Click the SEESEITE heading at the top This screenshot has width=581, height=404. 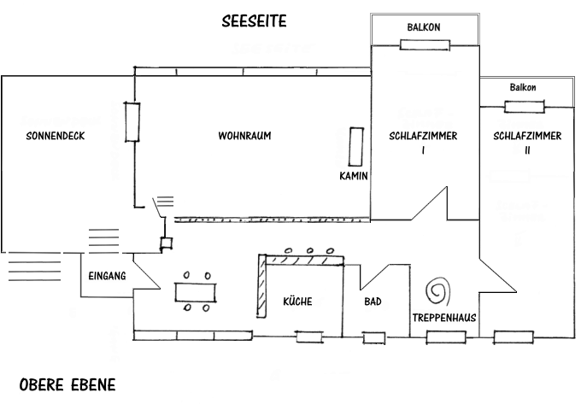pos(254,20)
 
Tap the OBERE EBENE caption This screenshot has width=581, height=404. pos(67,385)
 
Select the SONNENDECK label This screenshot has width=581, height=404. pos(56,137)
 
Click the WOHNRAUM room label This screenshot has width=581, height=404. pos(245,137)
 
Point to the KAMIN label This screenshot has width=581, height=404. pos(353,176)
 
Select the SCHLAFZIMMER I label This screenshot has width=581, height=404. pos(423,143)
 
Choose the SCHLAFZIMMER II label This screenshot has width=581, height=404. pos(527,143)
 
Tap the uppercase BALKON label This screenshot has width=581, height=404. pos(423,27)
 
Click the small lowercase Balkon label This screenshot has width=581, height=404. pos(523,87)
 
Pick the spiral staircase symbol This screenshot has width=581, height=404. pos(438,290)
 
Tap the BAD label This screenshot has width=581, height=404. pos(373,302)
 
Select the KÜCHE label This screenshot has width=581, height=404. pos(297,302)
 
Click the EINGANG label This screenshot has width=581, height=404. pos(107,276)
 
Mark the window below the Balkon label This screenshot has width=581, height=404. pos(524,106)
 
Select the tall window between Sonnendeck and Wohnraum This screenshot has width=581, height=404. pos(132,122)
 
